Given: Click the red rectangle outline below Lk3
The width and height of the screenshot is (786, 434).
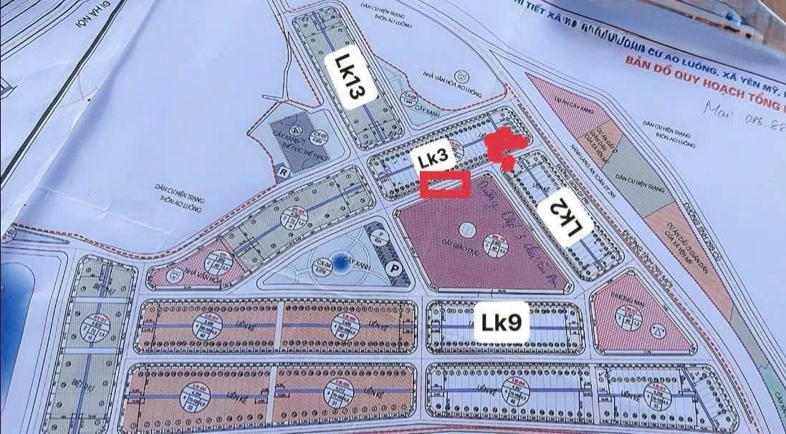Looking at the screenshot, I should pos(444,185).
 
